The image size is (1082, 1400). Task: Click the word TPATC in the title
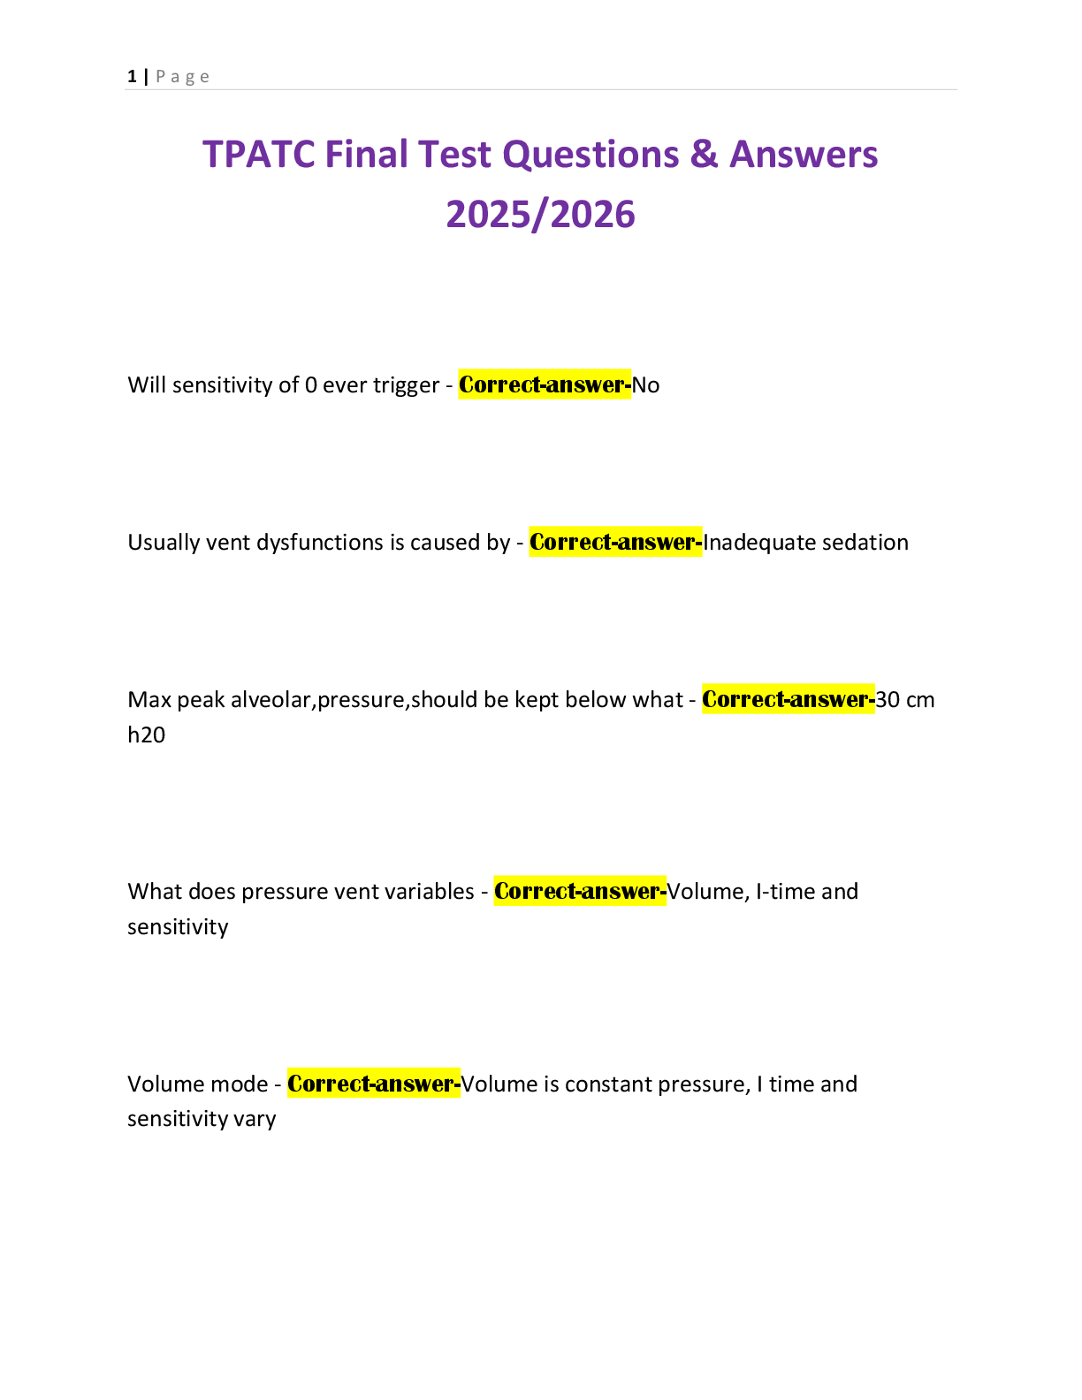(x=258, y=155)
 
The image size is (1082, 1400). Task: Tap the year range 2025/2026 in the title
(x=540, y=215)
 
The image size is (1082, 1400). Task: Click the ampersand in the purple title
(x=703, y=155)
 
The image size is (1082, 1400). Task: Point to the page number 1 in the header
(x=132, y=77)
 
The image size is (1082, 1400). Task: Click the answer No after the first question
(x=646, y=385)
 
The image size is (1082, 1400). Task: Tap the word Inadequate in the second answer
(x=748, y=543)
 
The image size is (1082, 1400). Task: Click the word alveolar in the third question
(x=271, y=700)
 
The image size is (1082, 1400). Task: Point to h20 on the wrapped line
(x=146, y=735)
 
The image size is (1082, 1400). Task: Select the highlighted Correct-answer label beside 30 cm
(x=788, y=700)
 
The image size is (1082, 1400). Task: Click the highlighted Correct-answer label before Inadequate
(x=615, y=543)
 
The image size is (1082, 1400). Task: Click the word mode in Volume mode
(x=241, y=1084)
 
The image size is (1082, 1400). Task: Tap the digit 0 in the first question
(x=310, y=385)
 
